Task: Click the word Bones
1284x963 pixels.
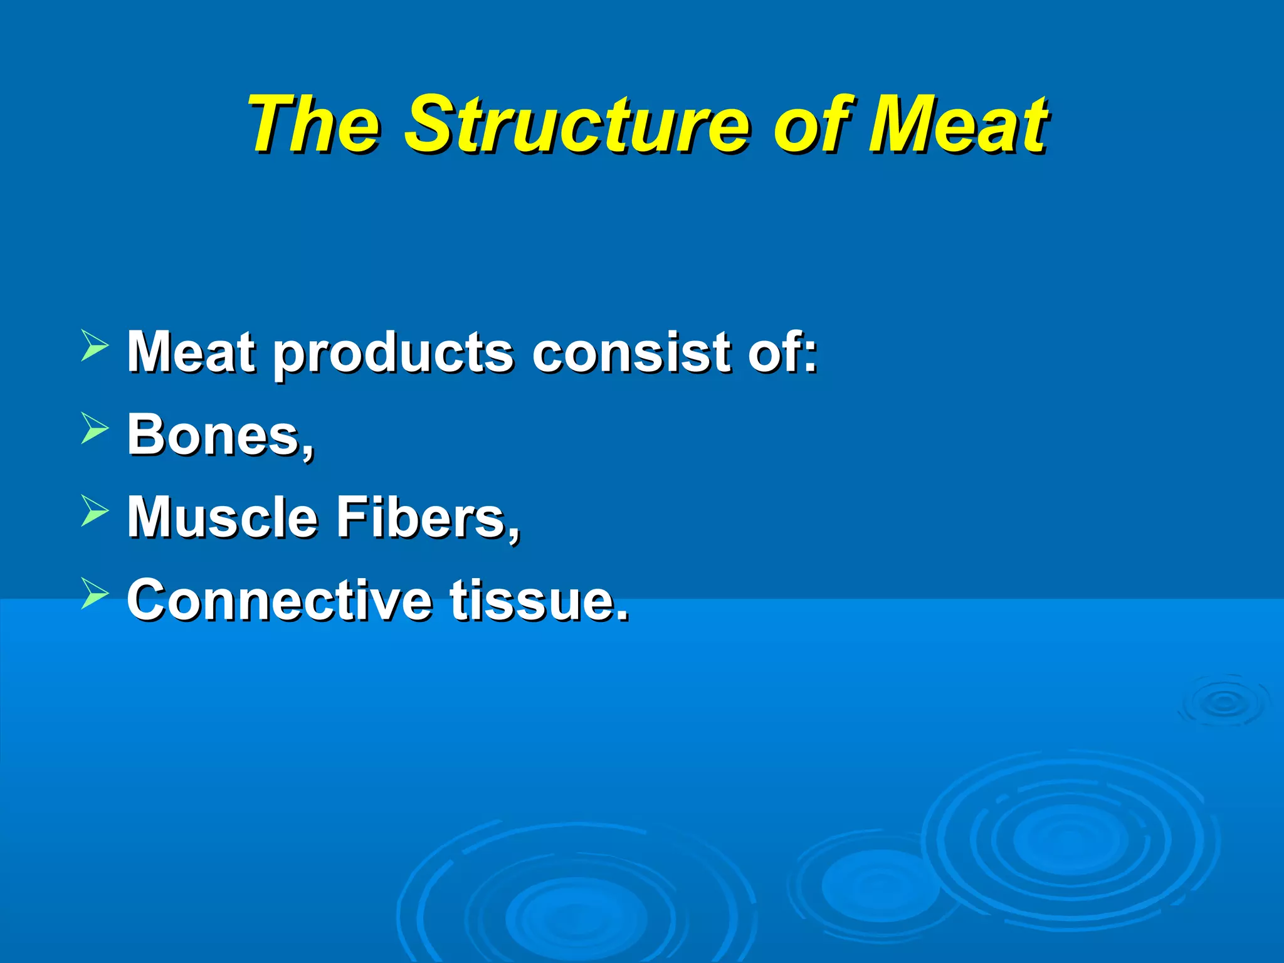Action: (x=219, y=435)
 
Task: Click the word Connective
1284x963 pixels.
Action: (x=279, y=600)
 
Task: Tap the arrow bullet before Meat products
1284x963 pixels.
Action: (x=95, y=347)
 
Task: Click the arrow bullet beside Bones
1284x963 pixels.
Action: (x=95, y=429)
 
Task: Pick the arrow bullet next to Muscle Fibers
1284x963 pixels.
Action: (x=95, y=512)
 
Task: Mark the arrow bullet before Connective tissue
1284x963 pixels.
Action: (x=95, y=594)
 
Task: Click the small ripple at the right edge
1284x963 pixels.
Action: (x=1224, y=703)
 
